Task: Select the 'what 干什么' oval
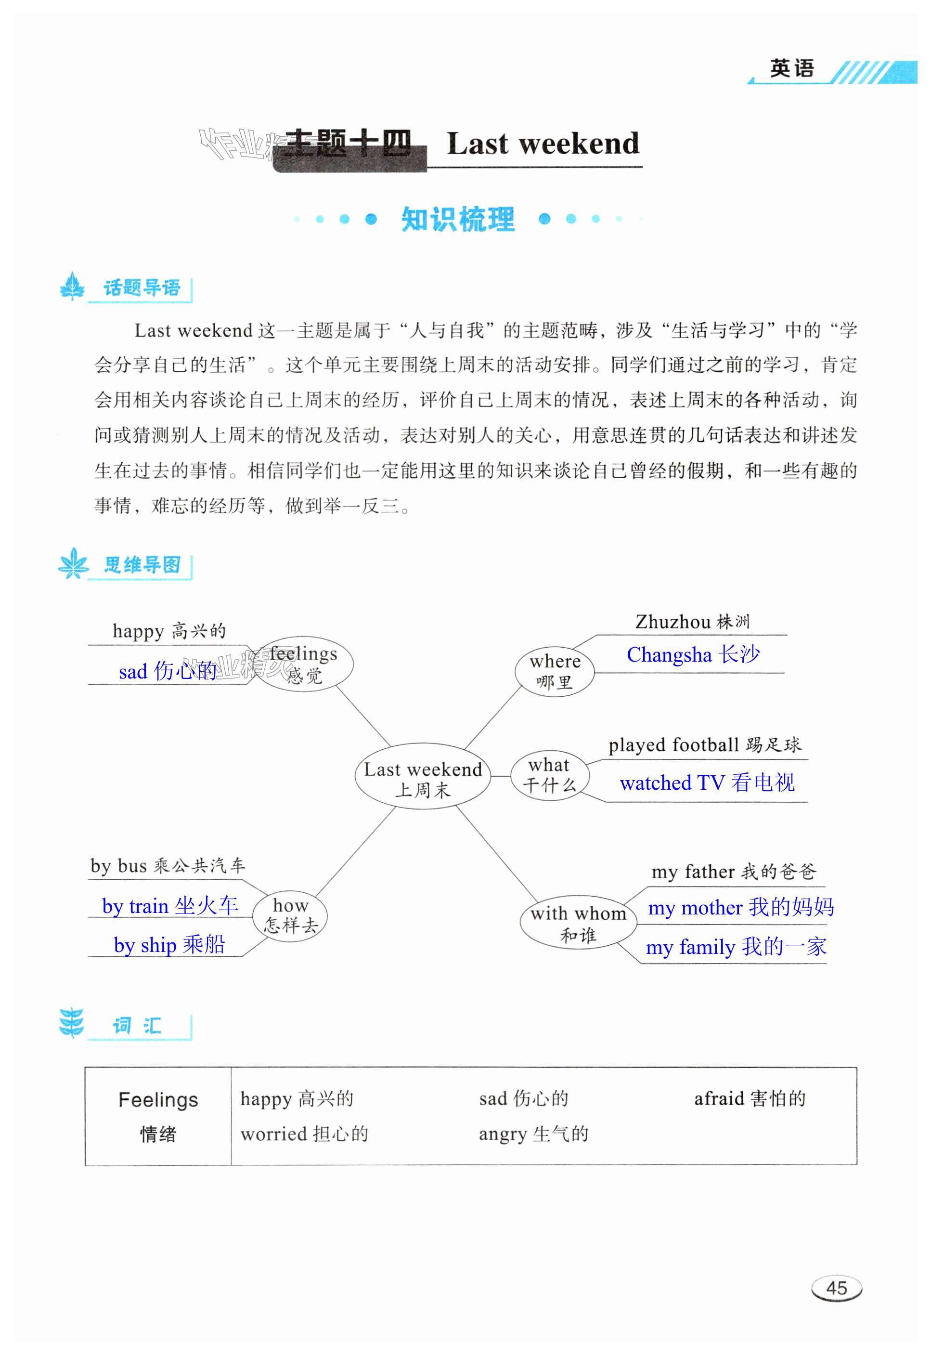pyautogui.click(x=549, y=775)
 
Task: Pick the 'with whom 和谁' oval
pyautogui.click(x=578, y=923)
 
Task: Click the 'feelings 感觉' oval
pyautogui.click(x=304, y=664)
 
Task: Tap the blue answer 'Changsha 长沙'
pyautogui.click(x=693, y=655)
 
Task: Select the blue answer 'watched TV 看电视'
pyautogui.click(x=707, y=782)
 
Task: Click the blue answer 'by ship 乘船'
pyautogui.click(x=169, y=945)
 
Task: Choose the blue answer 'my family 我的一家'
pyautogui.click(x=736, y=946)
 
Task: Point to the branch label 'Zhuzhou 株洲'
pyautogui.click(x=692, y=622)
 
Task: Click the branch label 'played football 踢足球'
pyautogui.click(x=705, y=745)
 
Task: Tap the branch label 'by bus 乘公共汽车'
pyautogui.click(x=168, y=866)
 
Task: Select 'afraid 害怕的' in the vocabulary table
pyautogui.click(x=750, y=1099)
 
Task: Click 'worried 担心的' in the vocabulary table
pyautogui.click(x=304, y=1134)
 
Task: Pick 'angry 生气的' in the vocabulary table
pyautogui.click(x=533, y=1134)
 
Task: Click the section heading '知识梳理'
pyautogui.click(x=458, y=220)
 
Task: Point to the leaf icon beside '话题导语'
pyautogui.click(x=72, y=287)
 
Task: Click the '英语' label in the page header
pyautogui.click(x=791, y=69)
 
